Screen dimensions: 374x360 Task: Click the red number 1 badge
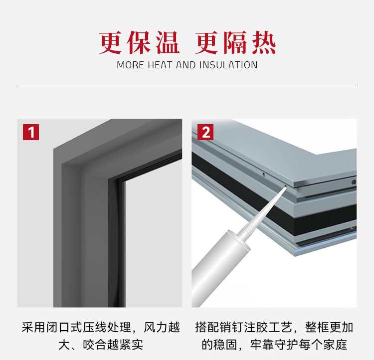point(31,132)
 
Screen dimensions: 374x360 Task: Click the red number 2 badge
point(205,132)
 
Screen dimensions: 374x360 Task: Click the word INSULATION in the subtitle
point(228,65)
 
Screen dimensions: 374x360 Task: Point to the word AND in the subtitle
point(186,65)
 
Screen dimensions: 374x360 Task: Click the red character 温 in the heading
point(168,43)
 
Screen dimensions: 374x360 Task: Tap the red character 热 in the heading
point(264,43)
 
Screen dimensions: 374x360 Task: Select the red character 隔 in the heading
point(235,43)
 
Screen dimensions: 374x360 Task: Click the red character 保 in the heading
point(139,43)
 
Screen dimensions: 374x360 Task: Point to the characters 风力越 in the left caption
point(162,327)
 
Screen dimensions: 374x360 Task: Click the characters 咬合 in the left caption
point(95,345)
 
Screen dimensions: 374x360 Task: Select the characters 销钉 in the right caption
point(231,327)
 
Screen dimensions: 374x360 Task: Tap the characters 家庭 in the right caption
point(335,345)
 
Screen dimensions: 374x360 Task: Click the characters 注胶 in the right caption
point(256,327)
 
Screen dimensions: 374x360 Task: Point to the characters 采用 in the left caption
point(33,327)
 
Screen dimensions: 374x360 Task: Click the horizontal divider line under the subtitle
point(187,86)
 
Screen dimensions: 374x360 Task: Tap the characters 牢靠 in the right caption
point(262,345)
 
